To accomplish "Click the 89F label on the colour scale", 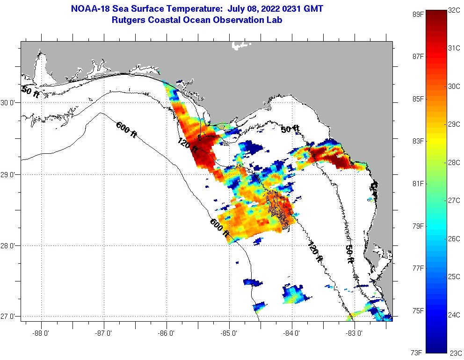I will tap(418, 14).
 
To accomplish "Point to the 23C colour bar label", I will tap(456, 353).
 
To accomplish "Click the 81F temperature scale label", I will tap(418, 184).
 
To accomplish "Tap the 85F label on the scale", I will tap(418, 99).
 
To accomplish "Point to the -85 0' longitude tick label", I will tap(229, 333).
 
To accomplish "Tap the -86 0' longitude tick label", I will tap(167, 333).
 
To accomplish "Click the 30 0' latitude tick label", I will tap(10, 103).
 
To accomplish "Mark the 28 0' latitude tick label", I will tap(10, 245).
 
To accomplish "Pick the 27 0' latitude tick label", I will tap(10, 317).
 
